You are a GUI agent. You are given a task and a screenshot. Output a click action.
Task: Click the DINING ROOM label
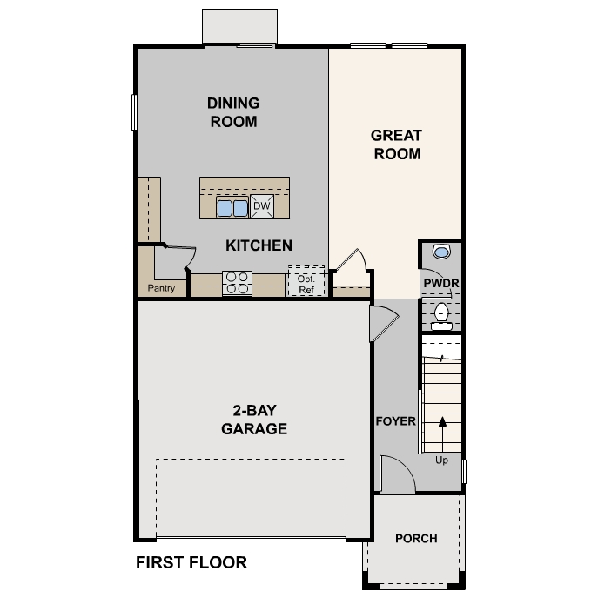click(x=233, y=112)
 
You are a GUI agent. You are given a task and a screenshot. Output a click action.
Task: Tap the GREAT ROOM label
click(x=396, y=144)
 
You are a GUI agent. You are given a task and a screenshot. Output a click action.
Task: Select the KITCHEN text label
click(x=259, y=245)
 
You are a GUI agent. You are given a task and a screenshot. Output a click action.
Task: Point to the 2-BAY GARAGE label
click(x=254, y=420)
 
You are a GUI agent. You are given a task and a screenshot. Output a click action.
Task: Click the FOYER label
click(x=395, y=421)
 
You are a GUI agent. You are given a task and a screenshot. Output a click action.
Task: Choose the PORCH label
click(x=416, y=538)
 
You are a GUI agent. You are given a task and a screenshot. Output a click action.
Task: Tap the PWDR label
click(x=441, y=284)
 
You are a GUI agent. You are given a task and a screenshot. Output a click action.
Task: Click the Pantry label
click(x=161, y=288)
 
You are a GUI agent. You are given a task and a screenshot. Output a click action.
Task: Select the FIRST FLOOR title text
click(x=191, y=562)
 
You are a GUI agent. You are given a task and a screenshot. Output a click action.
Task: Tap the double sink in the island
click(x=232, y=207)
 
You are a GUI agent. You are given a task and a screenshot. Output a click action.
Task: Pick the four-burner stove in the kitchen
click(x=237, y=283)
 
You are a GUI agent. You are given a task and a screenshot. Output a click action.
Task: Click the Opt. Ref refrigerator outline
click(x=306, y=281)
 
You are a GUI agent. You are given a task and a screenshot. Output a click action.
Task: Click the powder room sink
click(x=441, y=252)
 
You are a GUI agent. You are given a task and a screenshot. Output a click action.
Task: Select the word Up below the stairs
click(x=441, y=460)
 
